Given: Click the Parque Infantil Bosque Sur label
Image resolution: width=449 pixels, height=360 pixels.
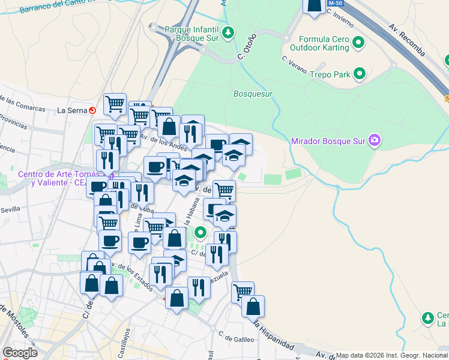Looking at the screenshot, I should click(190, 32).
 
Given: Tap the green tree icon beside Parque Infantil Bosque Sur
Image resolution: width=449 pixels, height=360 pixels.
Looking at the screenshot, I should click(228, 32).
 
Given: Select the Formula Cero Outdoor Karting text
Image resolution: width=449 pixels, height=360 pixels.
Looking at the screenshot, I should click(319, 43).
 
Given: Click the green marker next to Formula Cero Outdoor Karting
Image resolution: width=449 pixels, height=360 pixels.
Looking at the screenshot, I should click(359, 43).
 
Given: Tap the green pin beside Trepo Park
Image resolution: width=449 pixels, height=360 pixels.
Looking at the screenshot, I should click(360, 74).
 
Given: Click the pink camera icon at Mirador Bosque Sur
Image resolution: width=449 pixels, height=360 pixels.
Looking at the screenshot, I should click(375, 141).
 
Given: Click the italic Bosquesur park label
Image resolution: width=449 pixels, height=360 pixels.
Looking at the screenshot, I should click(253, 94).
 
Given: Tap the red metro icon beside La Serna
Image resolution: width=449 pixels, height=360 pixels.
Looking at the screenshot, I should click(92, 110).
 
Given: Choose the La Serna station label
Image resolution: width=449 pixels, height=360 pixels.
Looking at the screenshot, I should click(72, 110).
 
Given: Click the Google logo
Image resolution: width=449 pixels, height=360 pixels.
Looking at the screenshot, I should click(20, 353).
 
